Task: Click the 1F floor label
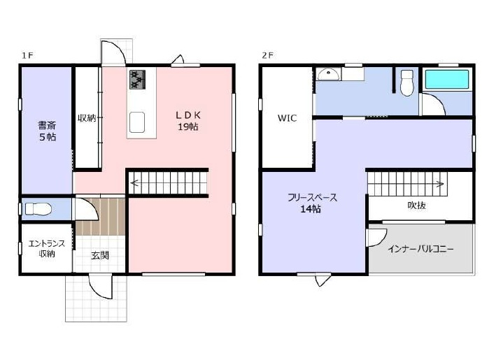click(x=27, y=55)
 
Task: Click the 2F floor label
click(x=268, y=55)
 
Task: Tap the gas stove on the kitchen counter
click(x=138, y=79)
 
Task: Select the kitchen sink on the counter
click(x=137, y=122)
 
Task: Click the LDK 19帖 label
click(x=188, y=121)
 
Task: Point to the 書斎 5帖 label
click(x=47, y=131)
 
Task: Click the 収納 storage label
click(x=87, y=118)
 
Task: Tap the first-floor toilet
click(x=38, y=209)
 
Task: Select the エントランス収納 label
click(x=47, y=248)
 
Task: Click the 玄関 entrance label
click(x=100, y=255)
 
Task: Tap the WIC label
click(x=288, y=118)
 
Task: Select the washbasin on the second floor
click(x=329, y=75)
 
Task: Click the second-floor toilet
click(x=406, y=82)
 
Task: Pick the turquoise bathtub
click(x=447, y=79)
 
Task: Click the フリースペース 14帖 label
click(x=313, y=203)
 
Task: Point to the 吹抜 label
click(x=417, y=206)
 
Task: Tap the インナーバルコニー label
click(x=420, y=249)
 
